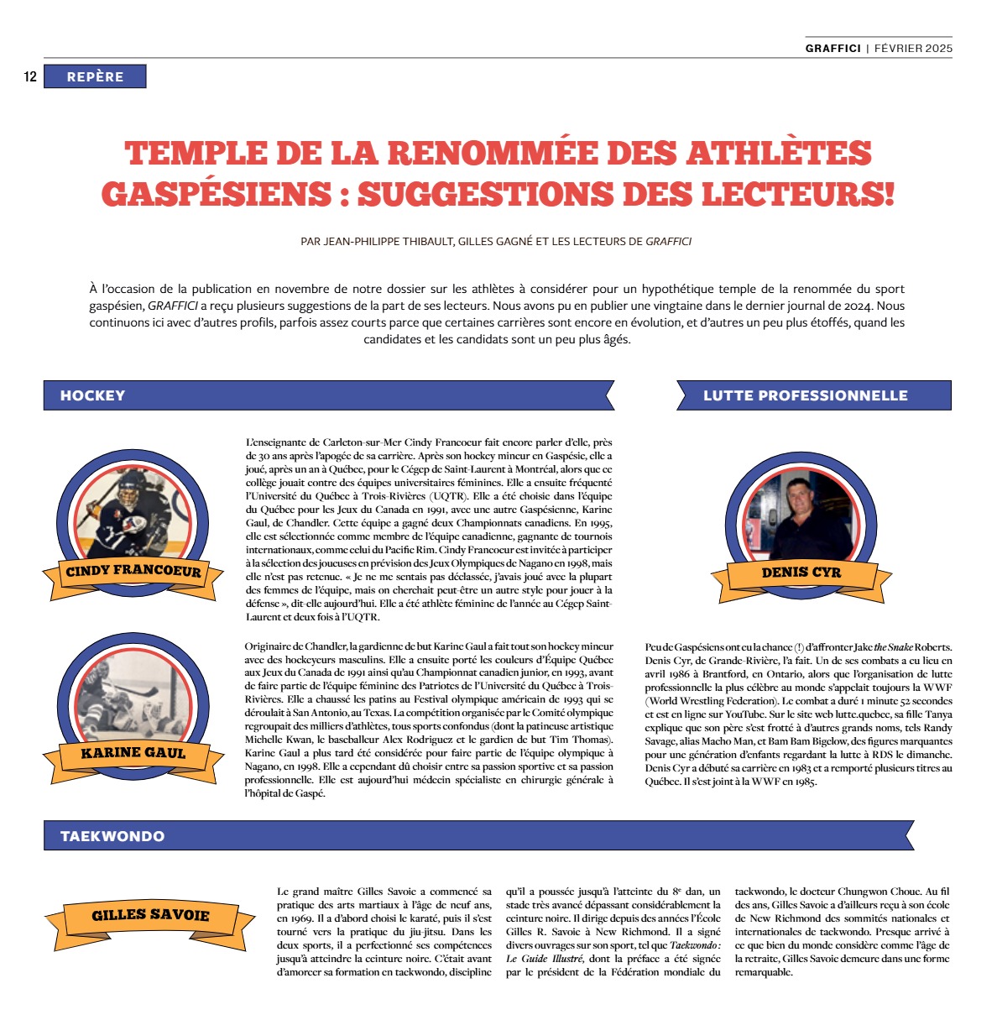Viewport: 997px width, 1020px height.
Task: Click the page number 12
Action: (30, 77)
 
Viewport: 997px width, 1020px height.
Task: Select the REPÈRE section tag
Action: (95, 77)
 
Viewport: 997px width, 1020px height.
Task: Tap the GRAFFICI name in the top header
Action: (833, 48)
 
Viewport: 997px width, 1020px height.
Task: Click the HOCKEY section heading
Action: (92, 395)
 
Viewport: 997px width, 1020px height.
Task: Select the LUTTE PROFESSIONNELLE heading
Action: (805, 395)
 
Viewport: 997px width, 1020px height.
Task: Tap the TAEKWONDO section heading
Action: (112, 836)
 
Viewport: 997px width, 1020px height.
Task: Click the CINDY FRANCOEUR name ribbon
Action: (133, 572)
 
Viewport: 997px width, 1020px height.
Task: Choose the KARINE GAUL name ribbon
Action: (133, 753)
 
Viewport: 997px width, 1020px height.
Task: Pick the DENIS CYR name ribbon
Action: (801, 573)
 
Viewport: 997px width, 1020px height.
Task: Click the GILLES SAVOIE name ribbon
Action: (150, 915)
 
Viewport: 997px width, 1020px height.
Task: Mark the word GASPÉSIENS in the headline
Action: (217, 195)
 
